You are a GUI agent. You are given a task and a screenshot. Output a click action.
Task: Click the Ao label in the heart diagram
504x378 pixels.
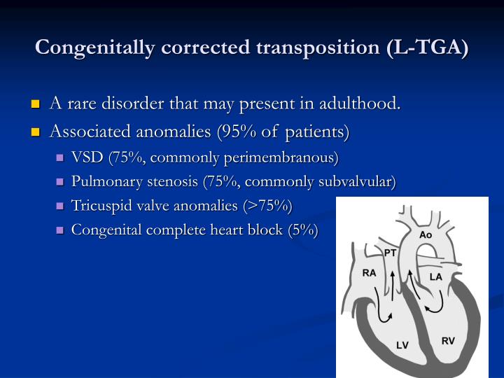click(426, 235)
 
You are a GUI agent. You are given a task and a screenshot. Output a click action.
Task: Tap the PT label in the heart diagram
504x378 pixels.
click(391, 252)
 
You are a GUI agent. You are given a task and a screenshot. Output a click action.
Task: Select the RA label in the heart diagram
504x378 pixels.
click(369, 273)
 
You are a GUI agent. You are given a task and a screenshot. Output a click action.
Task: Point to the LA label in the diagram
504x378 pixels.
click(435, 277)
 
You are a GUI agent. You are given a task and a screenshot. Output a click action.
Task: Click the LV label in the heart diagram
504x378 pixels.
click(402, 345)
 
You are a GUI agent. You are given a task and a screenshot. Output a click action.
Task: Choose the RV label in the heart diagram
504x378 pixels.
click(448, 341)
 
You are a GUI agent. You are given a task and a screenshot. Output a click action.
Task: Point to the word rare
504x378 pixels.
click(83, 104)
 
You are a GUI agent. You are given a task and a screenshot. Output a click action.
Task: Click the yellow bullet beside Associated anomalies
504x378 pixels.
click(36, 132)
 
